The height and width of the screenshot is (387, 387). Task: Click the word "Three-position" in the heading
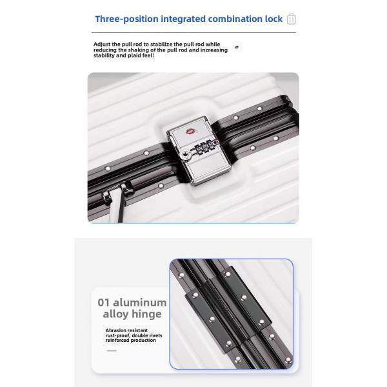(126, 19)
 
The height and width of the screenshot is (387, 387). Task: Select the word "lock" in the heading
(273, 19)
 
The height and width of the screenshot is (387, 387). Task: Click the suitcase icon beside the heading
(292, 19)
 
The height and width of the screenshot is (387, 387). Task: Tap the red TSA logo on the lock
(190, 132)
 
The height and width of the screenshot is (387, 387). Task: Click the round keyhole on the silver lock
(185, 155)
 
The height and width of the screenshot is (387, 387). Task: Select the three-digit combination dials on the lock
(204, 147)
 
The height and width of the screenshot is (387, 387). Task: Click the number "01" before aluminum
(103, 303)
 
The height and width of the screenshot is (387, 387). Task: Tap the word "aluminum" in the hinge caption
(140, 303)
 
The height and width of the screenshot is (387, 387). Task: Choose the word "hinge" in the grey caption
(146, 315)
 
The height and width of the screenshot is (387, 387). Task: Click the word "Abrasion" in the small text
(115, 330)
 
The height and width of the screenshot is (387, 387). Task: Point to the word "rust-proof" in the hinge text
(118, 335)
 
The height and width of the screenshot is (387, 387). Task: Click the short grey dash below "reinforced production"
(112, 350)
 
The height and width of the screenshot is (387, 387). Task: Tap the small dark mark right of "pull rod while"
(237, 47)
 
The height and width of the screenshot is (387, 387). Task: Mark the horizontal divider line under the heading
(193, 32)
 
